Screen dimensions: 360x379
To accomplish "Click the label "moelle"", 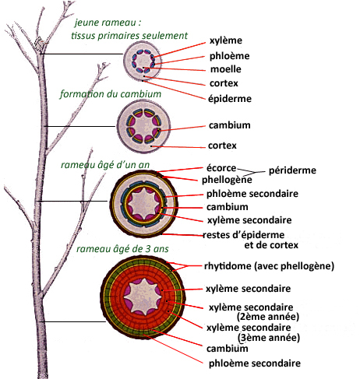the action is pos(225,69).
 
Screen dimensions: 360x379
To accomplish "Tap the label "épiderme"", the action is pos(230,99).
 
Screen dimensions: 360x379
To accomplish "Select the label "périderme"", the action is pos(292,170).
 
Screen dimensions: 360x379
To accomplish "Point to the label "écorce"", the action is pos(221,168).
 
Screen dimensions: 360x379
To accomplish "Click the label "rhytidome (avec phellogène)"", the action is pos(269,266).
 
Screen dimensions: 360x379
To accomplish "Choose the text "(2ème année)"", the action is pos(268,317).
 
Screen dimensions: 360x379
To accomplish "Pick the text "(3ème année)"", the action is pos(269,338).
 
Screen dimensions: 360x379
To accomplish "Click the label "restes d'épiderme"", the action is pos(243,235).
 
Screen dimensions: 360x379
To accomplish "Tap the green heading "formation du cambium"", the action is pos(111,94).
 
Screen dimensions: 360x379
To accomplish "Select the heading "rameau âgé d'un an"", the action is pos(105,165).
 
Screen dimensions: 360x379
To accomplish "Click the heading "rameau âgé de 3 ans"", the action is pos(122,249).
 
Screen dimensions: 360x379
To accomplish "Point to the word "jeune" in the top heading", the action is pos(84,23).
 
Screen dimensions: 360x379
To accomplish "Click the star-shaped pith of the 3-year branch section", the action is pos(143,297).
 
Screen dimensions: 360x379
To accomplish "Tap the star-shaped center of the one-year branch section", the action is pos(143,203).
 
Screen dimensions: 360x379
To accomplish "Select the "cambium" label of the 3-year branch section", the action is pos(228,349).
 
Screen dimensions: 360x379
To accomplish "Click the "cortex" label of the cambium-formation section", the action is pos(222,146).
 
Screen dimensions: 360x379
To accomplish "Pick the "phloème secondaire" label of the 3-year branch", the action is pos(255,363).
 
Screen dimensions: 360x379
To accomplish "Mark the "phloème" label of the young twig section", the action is pos(230,56).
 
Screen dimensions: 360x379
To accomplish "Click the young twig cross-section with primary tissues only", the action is pos(142,61).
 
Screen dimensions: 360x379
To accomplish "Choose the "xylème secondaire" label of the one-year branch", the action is pos(249,220).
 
